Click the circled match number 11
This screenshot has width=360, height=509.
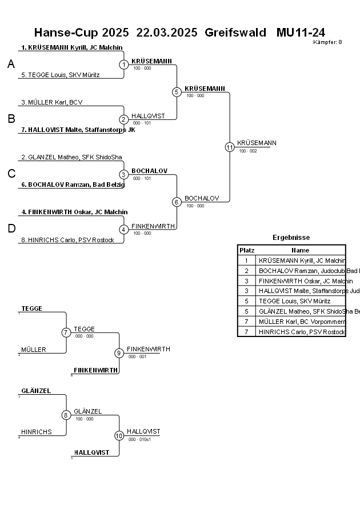pos(230,147)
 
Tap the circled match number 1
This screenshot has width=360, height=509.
pos(124,65)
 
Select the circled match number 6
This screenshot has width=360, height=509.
pos(177,202)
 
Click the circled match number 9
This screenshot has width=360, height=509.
pos(119,353)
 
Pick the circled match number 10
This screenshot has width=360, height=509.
pos(119,435)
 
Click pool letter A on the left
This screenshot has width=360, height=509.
pos(11,65)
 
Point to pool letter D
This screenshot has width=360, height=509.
pos(11,229)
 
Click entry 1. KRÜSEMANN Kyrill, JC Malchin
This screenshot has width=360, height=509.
pos(71,47)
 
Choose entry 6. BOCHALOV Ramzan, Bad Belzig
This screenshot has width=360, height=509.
pos(73,185)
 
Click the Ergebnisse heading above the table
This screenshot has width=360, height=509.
pos(291,238)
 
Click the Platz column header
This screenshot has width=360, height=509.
pos(247,250)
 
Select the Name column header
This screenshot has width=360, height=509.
pos(300,250)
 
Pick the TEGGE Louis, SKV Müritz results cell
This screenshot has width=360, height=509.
pos(294,301)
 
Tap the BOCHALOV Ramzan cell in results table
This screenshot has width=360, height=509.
pos(302,270)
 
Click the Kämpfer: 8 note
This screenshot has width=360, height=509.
pos(327,42)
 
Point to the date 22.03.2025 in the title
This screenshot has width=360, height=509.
pos(167,32)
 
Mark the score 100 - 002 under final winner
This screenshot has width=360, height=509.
pos(248,151)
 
